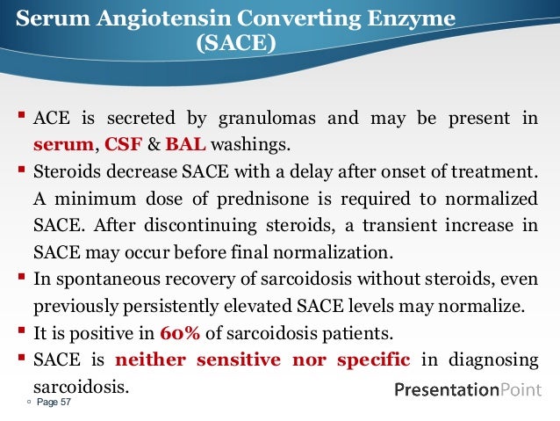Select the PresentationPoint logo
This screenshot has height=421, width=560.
[x=468, y=389]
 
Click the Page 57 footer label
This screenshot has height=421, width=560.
[x=52, y=403]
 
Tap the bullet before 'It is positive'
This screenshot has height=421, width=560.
[x=21, y=333]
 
